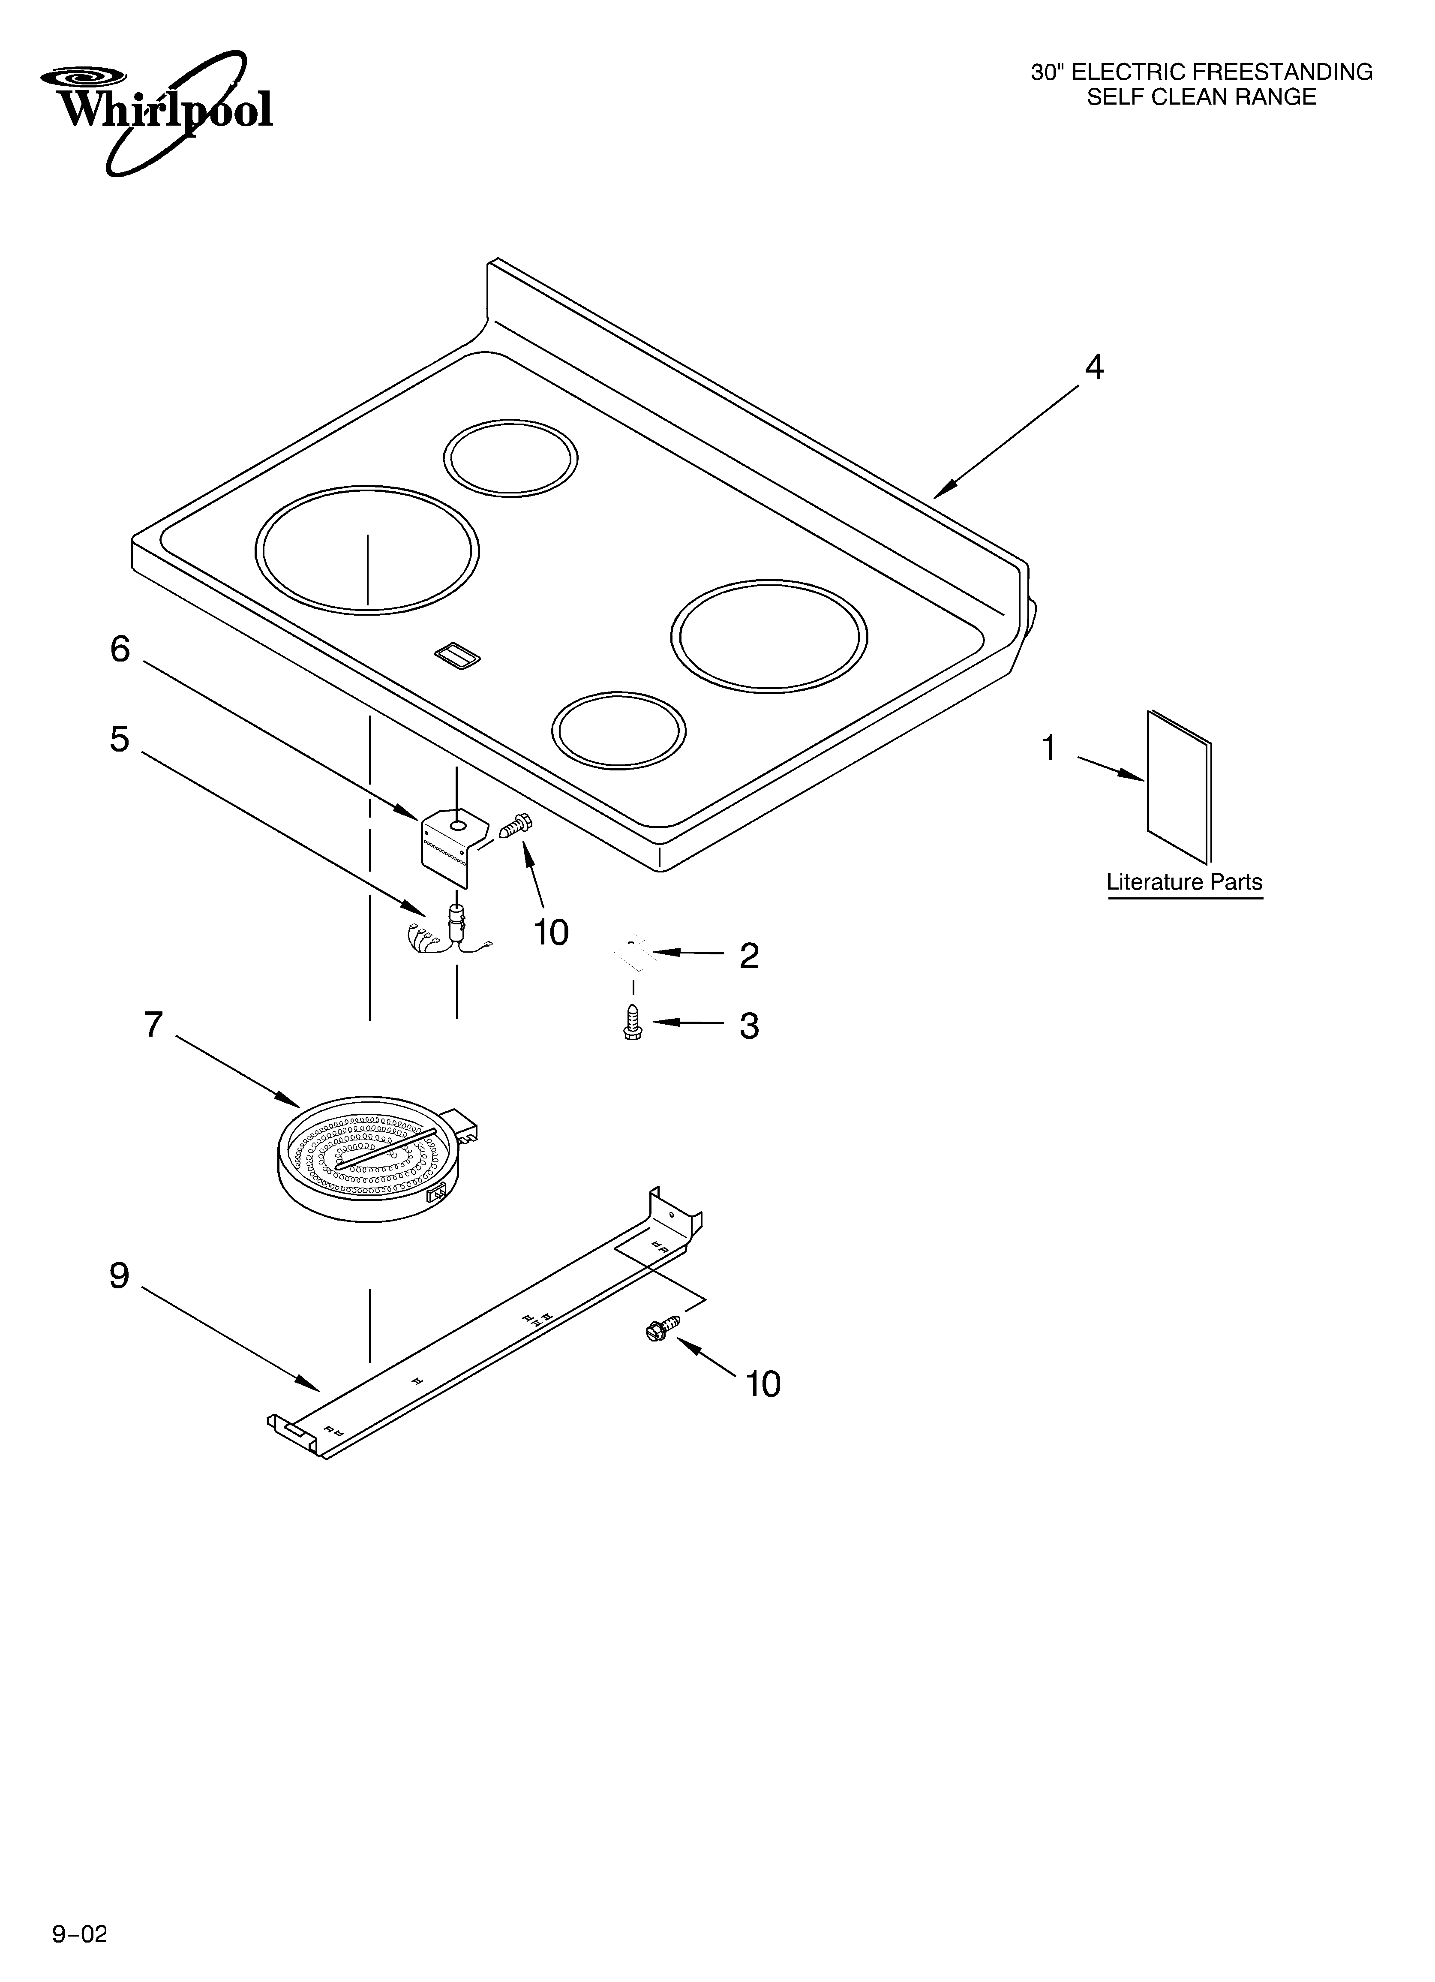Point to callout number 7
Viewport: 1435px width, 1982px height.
[154, 1025]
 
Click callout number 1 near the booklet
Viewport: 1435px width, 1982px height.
[1049, 748]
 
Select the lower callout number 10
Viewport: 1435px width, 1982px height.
[763, 1384]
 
